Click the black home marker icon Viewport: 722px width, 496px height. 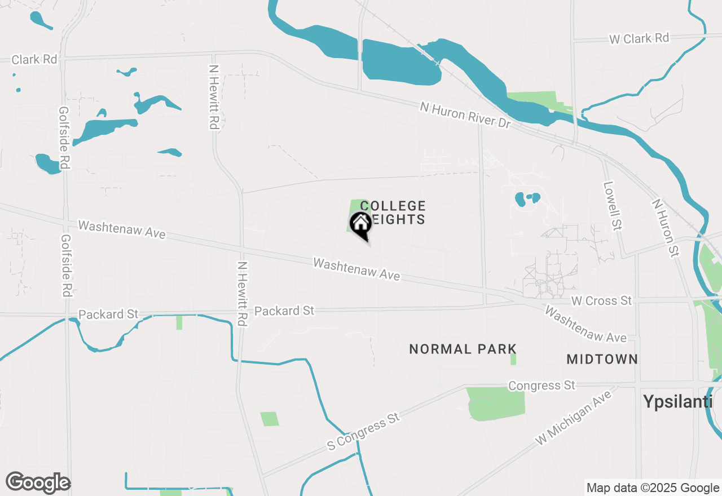tap(360, 224)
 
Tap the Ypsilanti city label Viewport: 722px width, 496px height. tap(678, 401)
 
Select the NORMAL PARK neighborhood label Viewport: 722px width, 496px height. tap(463, 349)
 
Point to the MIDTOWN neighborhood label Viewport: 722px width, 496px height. tap(602, 359)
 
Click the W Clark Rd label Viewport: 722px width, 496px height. tap(639, 39)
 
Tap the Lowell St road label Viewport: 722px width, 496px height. tap(613, 205)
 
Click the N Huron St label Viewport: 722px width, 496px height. tap(664, 228)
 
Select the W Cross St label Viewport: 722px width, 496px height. tap(601, 301)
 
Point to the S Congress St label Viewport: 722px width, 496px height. tap(363, 431)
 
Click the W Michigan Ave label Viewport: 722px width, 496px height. tap(574, 418)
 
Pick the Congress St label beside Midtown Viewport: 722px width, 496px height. tap(541, 386)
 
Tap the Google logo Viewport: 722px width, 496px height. tap(38, 483)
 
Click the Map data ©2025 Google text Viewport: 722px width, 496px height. tap(652, 488)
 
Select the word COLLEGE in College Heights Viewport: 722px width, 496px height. tap(393, 206)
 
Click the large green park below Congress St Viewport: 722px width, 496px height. tap(496, 403)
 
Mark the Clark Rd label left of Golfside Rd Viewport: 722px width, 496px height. tap(34, 59)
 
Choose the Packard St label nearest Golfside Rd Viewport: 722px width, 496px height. tap(108, 314)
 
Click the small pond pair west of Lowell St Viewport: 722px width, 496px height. tap(527, 198)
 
